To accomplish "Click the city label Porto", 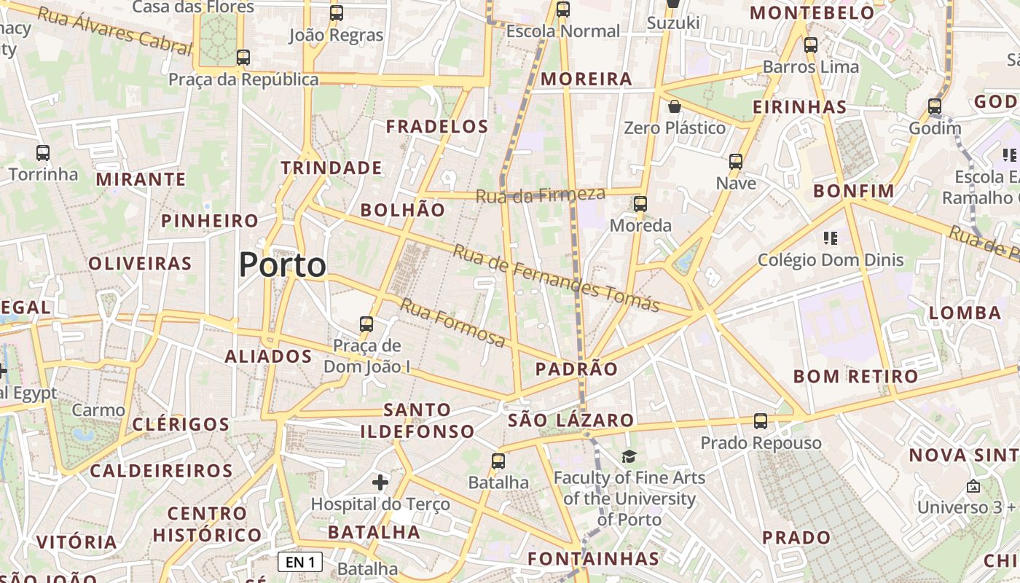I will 283,265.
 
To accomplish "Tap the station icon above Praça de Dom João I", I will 366,324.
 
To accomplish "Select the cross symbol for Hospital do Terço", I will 380,482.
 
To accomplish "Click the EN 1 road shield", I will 300,562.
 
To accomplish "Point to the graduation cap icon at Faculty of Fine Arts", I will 628,456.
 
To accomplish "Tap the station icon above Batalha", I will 498,461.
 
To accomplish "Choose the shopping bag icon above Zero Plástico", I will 675,106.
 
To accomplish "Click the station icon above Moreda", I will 640,204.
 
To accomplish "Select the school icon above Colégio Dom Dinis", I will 830,238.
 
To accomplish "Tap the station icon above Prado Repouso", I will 761,421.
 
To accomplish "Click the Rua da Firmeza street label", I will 541,195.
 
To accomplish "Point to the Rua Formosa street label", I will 452,323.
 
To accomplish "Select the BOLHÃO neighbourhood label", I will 403,210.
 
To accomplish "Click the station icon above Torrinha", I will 43,153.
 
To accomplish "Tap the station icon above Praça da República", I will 243,57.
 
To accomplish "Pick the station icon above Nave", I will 736,161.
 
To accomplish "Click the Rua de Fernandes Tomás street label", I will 557,278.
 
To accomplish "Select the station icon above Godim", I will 935,106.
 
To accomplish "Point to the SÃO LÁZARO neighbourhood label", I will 570,420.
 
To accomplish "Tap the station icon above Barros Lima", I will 811,45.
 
